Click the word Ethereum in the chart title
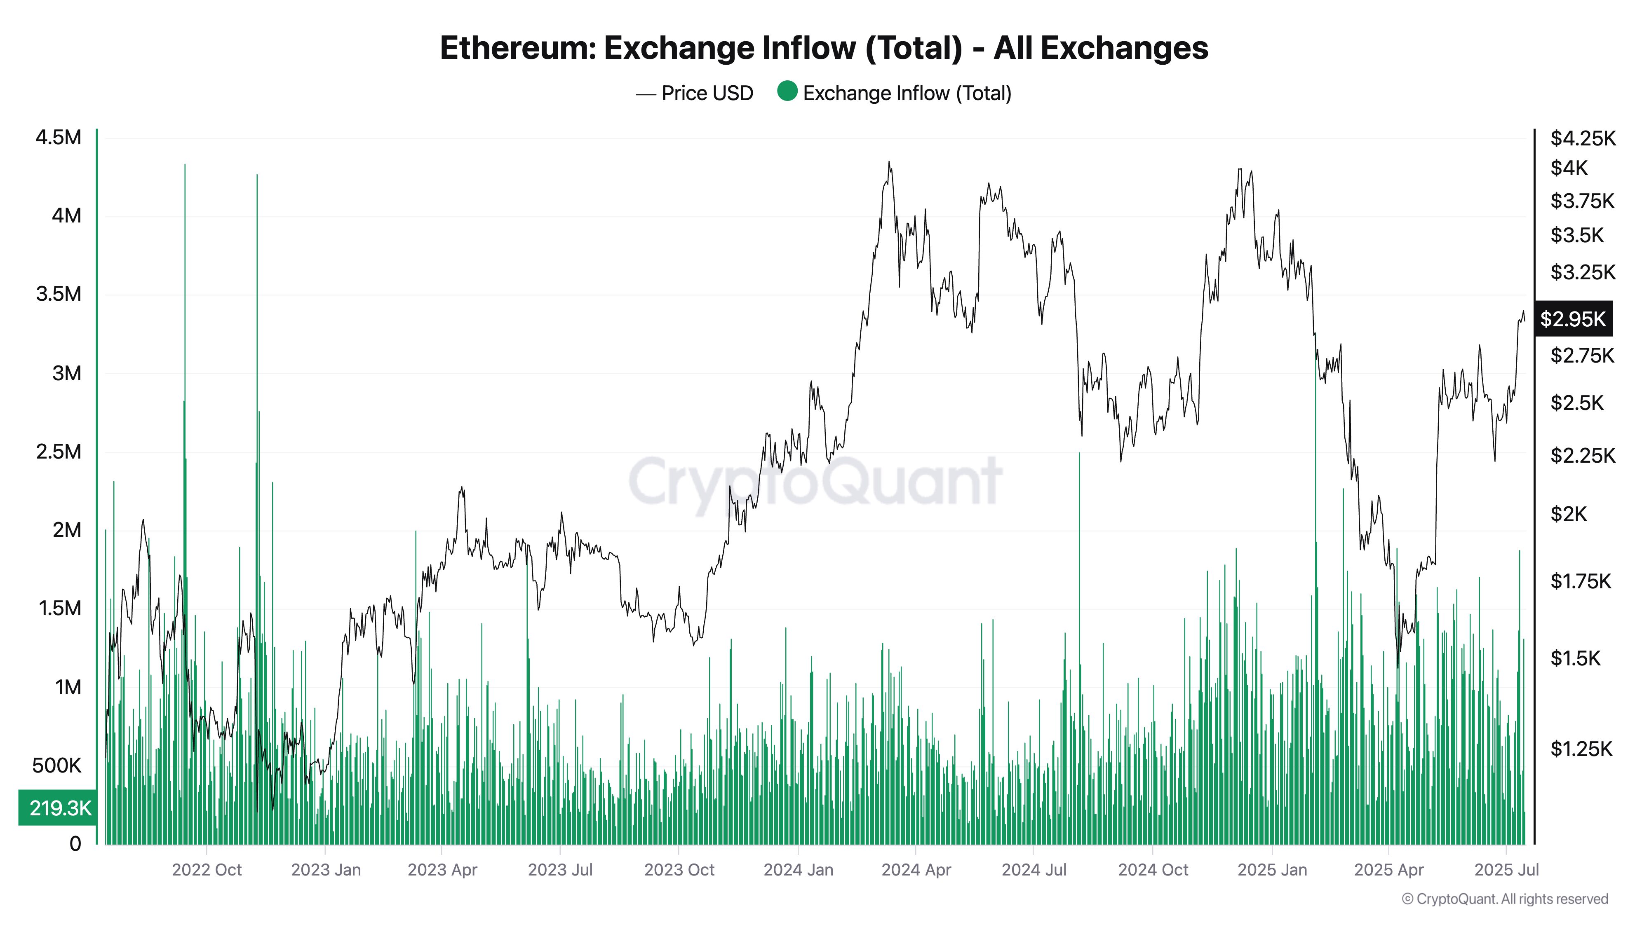tap(517, 48)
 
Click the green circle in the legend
tap(787, 91)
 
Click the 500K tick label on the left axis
tap(56, 765)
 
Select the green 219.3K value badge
tap(59, 808)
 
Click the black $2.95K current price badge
tap(1573, 318)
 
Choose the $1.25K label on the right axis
tap(1581, 749)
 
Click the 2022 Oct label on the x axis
tap(207, 870)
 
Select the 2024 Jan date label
tap(798, 870)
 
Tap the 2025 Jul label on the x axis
tap(1506, 870)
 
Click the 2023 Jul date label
tap(560, 870)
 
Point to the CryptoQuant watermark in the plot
tap(815, 481)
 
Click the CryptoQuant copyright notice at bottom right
tap(1504, 899)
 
